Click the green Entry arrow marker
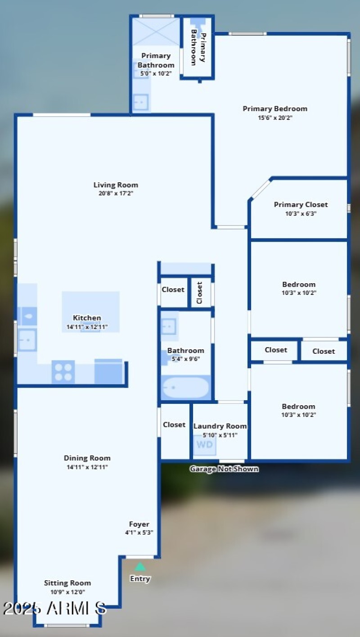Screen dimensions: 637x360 pyautogui.click(x=140, y=567)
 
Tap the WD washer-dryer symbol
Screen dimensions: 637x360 pyautogui.click(x=205, y=445)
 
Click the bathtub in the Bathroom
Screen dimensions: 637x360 pyautogui.click(x=185, y=388)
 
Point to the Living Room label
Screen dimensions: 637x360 pyautogui.click(x=116, y=185)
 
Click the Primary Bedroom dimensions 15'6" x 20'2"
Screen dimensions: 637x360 pyautogui.click(x=275, y=118)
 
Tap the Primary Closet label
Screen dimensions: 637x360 pyautogui.click(x=301, y=204)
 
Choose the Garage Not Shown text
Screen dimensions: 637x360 pyautogui.click(x=224, y=469)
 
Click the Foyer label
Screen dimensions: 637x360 pyautogui.click(x=139, y=524)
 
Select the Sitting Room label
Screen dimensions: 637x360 pyautogui.click(x=67, y=583)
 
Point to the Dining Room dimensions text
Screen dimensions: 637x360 pyautogui.click(x=87, y=467)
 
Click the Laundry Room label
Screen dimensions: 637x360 pyautogui.click(x=220, y=426)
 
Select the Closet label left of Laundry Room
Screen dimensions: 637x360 pyautogui.click(x=174, y=425)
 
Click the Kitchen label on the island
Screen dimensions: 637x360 pyautogui.click(x=87, y=318)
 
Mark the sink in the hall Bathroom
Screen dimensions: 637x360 pyautogui.click(x=169, y=324)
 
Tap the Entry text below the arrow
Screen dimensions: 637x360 pyautogui.click(x=140, y=579)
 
